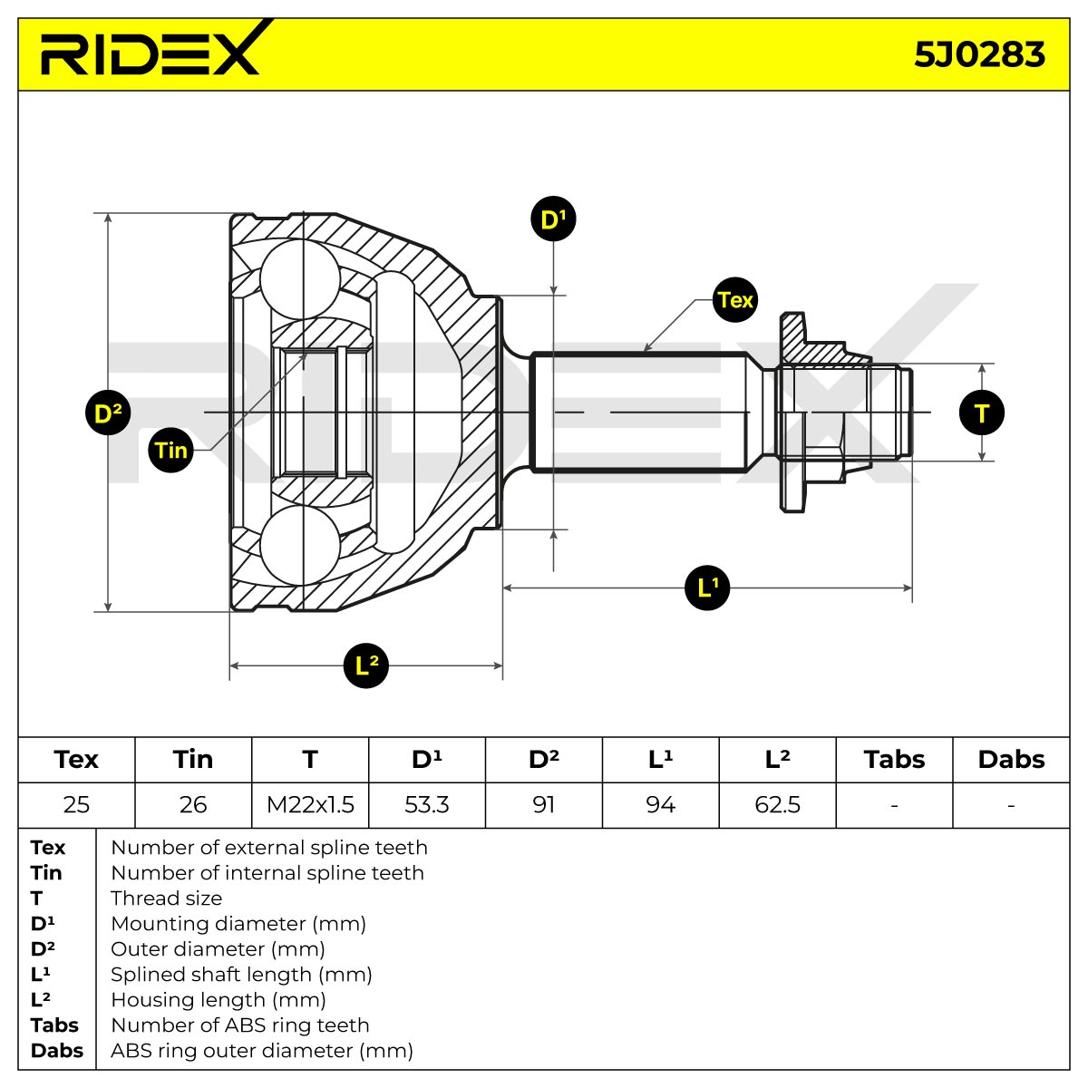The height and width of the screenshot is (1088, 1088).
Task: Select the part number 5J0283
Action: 979,55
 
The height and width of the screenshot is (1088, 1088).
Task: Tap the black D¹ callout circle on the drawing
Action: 553,219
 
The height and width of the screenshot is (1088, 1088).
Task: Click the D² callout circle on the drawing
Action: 108,413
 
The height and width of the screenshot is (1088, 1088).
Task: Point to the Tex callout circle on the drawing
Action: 734,300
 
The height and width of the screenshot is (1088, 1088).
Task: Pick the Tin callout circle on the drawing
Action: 170,450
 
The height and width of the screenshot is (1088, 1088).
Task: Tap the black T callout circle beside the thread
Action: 982,413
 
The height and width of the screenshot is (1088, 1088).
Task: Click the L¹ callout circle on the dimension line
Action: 707,588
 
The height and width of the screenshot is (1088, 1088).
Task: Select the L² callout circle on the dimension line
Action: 366,665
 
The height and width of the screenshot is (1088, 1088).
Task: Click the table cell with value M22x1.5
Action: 310,804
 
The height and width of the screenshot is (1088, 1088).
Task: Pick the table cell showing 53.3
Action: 427,804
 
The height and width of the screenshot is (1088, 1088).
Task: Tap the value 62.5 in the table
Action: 777,804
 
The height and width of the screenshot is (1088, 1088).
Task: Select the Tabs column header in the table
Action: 894,760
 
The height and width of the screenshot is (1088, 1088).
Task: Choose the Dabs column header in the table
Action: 1011,760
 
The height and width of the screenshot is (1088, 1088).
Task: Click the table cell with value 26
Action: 193,804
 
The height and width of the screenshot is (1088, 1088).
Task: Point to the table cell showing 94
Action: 661,804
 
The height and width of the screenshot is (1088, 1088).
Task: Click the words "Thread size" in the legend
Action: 167,898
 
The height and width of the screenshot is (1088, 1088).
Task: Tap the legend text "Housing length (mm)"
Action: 219,999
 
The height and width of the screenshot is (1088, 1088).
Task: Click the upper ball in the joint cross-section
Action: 300,279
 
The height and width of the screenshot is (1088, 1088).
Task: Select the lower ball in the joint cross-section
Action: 300,545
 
